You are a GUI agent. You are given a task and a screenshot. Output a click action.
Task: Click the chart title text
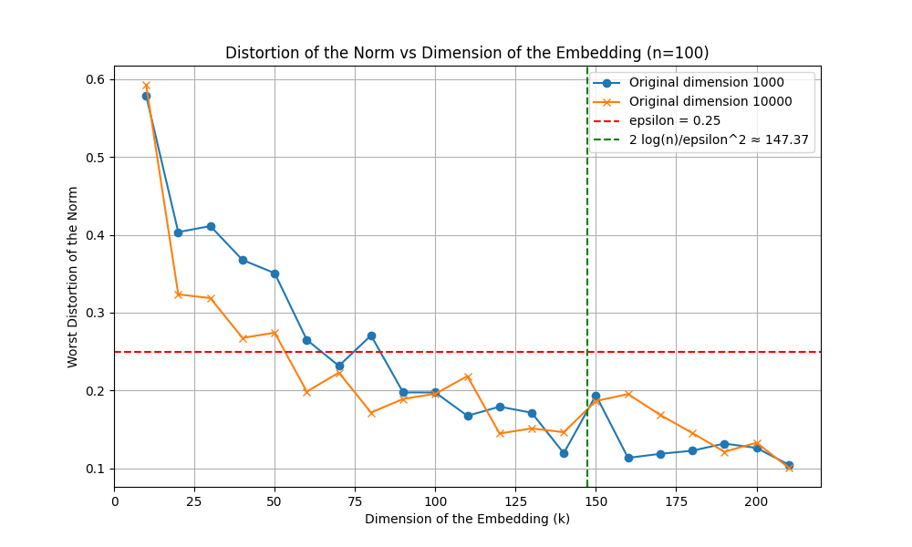tap(467, 53)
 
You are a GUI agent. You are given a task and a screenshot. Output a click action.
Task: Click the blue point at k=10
tap(146, 96)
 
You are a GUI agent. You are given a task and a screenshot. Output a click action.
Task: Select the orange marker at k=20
tap(179, 294)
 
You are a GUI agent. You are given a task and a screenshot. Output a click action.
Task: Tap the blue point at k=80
tap(371, 335)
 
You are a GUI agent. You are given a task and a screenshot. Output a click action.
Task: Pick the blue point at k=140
tap(564, 453)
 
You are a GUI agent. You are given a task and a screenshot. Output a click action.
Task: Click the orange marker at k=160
tap(628, 394)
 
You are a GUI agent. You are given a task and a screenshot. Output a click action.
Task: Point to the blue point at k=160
tap(628, 458)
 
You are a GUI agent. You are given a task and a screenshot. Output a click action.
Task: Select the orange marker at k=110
tap(468, 377)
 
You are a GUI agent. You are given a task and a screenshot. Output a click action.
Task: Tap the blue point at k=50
tap(275, 273)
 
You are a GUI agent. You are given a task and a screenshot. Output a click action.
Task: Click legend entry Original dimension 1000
tap(707, 82)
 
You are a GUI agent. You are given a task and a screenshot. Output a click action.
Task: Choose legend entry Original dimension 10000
tap(710, 101)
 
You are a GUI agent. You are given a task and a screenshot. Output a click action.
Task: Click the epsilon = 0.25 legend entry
tap(675, 120)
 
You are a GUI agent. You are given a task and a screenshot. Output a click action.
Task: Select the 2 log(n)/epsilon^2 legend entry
tap(719, 140)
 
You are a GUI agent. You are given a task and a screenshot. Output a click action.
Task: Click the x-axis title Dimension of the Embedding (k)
tap(467, 519)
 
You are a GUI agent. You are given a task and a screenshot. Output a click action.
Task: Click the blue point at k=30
tap(211, 226)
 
